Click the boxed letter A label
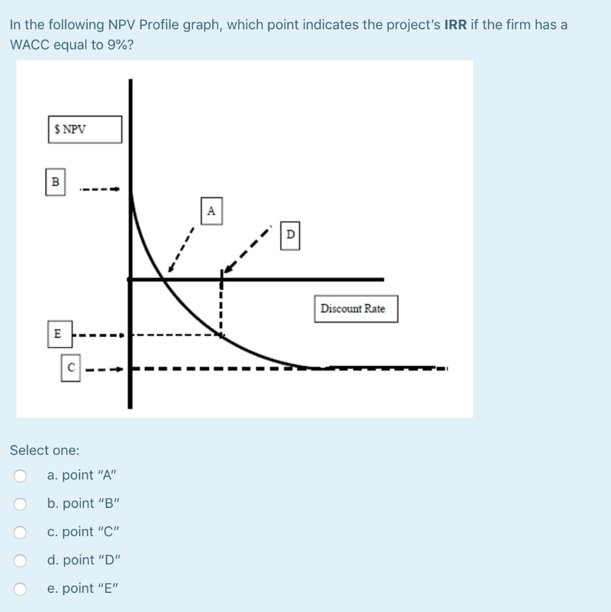point(211,211)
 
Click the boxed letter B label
point(56,182)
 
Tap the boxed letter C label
point(71,368)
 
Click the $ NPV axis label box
point(85,129)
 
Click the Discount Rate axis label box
point(355,309)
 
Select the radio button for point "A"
point(21,476)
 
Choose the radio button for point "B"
point(21,504)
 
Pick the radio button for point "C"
point(21,532)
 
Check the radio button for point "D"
point(21,560)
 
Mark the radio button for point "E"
point(21,589)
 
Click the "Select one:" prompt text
point(44,450)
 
